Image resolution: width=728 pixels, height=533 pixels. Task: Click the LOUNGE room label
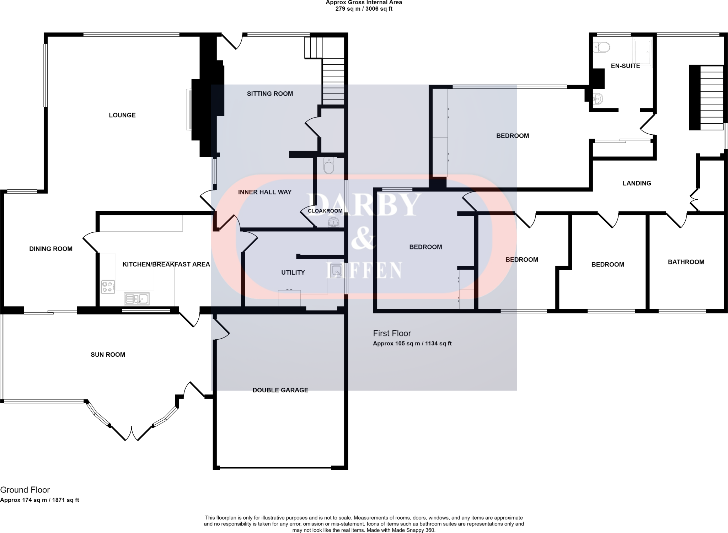point(122,115)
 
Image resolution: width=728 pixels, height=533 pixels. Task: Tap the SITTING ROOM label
point(270,94)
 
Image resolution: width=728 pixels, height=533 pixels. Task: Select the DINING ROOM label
point(51,249)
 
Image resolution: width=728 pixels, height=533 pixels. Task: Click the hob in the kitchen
point(108,287)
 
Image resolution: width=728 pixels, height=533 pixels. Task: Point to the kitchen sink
point(137,299)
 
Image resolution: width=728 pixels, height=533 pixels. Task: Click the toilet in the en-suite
point(601,47)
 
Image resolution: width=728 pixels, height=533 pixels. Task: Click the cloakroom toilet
point(329,166)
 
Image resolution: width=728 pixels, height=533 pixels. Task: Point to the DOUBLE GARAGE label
point(280,390)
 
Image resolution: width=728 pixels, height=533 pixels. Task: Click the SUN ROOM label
point(108,355)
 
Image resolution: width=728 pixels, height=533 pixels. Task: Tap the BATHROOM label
point(686,262)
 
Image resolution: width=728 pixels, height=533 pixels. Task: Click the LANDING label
point(637,183)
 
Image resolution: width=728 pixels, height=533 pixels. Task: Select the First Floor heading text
point(392,333)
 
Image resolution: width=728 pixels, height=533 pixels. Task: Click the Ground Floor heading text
point(25,490)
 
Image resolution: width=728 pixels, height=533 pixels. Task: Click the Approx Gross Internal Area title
point(364,2)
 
